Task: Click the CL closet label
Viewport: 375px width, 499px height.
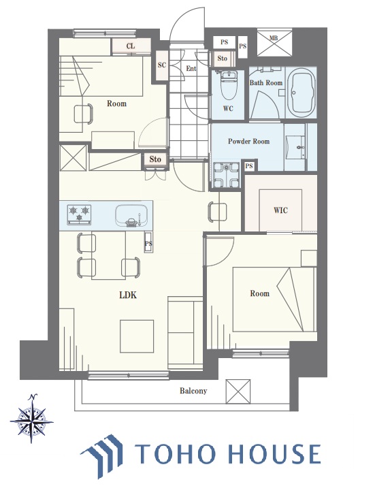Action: click(x=131, y=46)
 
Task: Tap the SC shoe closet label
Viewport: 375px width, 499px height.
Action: click(x=162, y=65)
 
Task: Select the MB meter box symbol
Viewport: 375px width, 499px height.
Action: click(x=274, y=42)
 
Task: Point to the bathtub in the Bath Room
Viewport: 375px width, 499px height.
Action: click(x=301, y=92)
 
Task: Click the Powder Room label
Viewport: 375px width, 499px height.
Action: click(x=248, y=142)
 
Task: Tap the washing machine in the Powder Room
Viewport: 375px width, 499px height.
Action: click(x=226, y=175)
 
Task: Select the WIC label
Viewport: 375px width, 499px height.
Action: click(x=280, y=210)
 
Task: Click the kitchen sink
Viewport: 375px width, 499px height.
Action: click(x=131, y=215)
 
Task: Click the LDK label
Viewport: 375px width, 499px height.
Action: click(x=128, y=295)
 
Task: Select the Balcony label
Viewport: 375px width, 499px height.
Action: click(x=193, y=391)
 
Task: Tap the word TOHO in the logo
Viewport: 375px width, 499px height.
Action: click(x=174, y=453)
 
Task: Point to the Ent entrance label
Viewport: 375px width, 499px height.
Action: click(x=191, y=69)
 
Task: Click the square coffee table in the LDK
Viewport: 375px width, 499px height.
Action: click(x=137, y=336)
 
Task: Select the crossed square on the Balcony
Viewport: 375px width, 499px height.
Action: click(x=238, y=391)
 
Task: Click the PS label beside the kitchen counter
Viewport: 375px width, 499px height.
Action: click(x=148, y=244)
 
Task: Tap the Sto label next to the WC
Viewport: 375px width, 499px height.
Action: click(x=223, y=59)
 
